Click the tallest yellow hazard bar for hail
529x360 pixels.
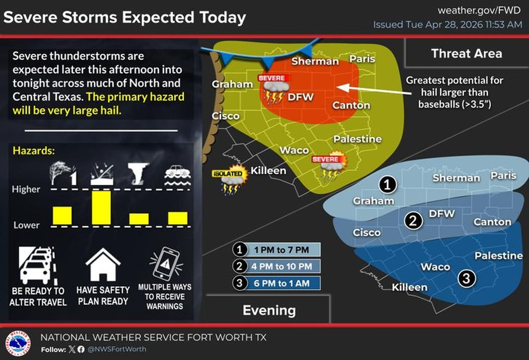click(101, 207)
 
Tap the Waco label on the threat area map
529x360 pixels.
click(294, 150)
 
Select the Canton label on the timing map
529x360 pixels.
click(492, 222)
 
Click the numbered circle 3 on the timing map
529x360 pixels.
click(467, 278)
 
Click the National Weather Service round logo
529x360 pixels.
click(18, 344)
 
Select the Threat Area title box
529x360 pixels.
click(466, 53)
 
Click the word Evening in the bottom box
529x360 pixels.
click(269, 310)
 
